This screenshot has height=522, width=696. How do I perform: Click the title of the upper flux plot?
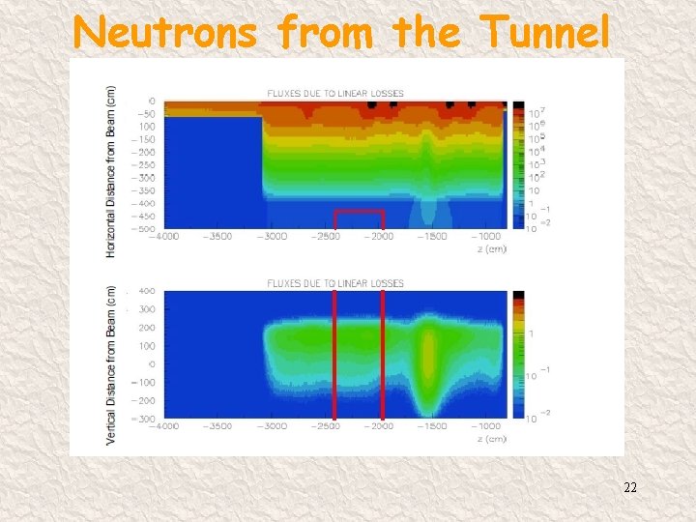(x=334, y=94)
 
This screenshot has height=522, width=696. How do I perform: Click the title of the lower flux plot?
(x=334, y=283)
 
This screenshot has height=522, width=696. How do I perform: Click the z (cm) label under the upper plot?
(x=494, y=248)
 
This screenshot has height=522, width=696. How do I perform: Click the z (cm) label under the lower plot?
(x=494, y=439)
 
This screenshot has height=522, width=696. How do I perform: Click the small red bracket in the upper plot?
(x=359, y=212)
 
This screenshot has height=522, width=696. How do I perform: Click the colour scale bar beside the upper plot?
(x=518, y=164)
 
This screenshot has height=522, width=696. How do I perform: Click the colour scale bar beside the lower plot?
(x=518, y=355)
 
